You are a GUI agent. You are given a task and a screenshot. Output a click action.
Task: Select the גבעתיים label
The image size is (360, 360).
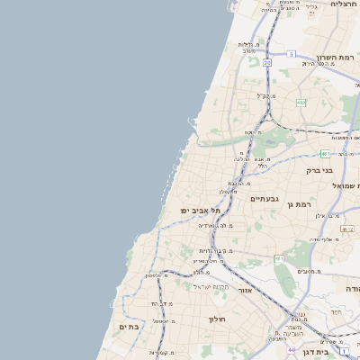point(265,198)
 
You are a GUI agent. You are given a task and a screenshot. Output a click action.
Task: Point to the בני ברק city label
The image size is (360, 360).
point(319,169)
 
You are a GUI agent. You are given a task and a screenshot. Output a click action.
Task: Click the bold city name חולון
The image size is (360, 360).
point(217,319)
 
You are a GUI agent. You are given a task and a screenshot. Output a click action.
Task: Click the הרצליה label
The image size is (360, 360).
point(344,4)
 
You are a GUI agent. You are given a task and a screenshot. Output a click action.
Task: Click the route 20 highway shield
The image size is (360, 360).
point(267,63)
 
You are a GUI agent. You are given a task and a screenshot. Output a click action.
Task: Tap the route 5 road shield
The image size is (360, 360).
point(291,54)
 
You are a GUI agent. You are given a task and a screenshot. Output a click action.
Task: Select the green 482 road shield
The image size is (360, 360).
point(301,103)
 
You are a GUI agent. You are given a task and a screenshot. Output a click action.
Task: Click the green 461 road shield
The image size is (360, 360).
point(280,259)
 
